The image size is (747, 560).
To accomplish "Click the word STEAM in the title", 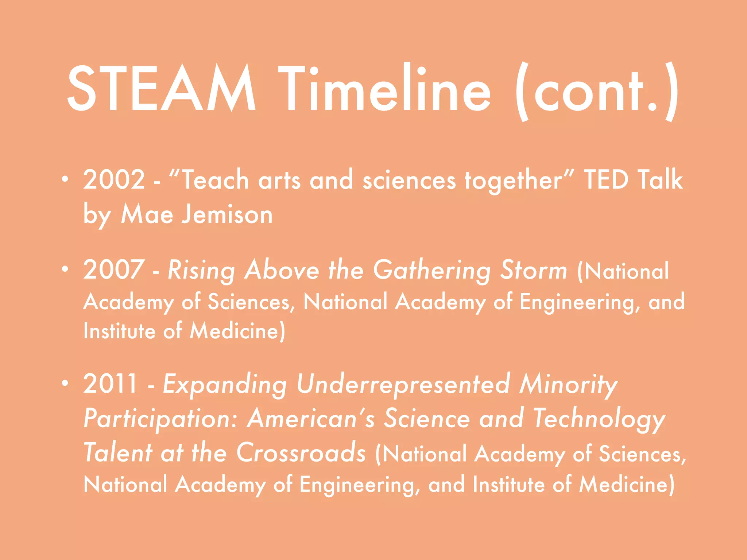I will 161,89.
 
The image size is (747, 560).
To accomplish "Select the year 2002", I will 114,180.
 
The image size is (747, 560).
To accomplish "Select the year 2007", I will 114,270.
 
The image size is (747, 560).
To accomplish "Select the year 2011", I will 110,384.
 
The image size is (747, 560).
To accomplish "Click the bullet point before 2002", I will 65,179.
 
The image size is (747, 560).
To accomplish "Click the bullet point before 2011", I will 65,383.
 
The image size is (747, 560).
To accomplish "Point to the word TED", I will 606,180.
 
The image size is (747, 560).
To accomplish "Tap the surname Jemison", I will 227,214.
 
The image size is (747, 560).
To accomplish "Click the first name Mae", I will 147,214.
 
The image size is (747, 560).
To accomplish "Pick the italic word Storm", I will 533,270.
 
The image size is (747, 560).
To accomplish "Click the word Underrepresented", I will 403,384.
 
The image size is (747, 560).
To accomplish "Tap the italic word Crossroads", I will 301,452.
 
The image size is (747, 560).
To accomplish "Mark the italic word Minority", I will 568,384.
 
